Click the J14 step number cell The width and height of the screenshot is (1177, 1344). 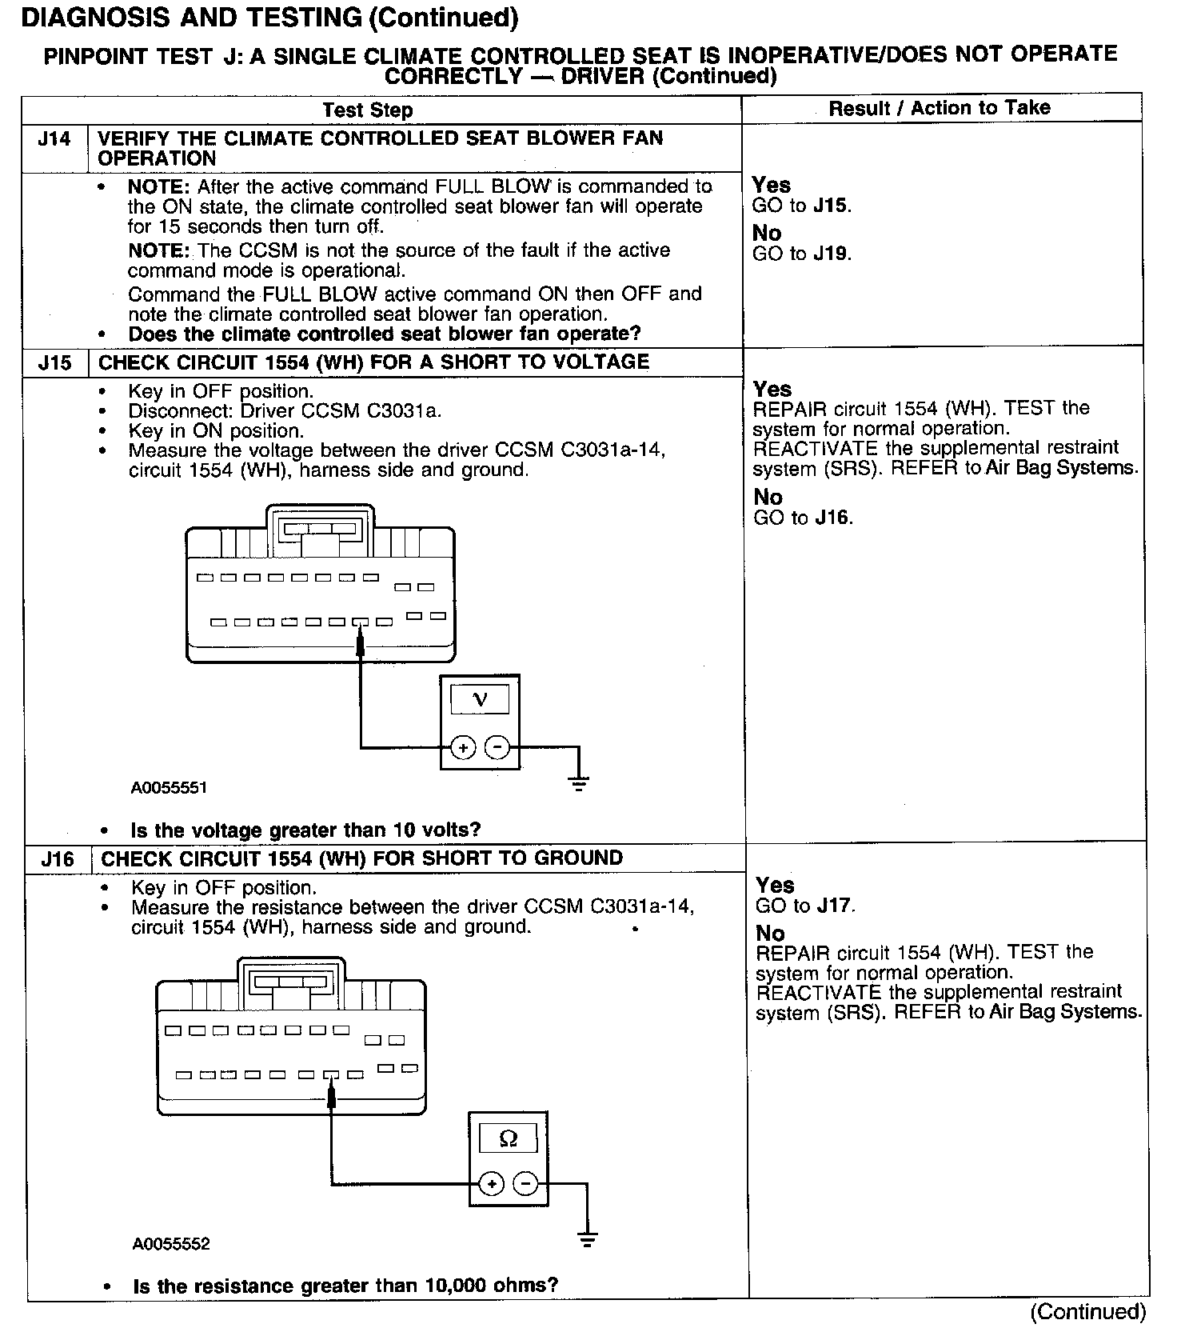click(x=54, y=140)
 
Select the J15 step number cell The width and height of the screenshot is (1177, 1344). click(x=54, y=363)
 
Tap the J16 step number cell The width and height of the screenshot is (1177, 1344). click(x=58, y=859)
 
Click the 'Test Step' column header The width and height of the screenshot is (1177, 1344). click(x=367, y=110)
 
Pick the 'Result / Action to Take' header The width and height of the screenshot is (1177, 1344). click(x=940, y=108)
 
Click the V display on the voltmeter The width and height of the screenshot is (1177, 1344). click(x=480, y=700)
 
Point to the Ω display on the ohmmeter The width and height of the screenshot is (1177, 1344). click(x=508, y=1138)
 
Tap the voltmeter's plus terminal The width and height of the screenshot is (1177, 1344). click(x=463, y=748)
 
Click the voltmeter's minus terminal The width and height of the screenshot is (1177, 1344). click(x=497, y=748)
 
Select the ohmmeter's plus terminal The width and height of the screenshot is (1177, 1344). click(x=491, y=1184)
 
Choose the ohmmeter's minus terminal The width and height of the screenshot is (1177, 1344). click(x=525, y=1184)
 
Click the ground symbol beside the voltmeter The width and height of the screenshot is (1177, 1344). click(x=579, y=782)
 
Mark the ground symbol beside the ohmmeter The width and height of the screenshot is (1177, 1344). click(x=588, y=1238)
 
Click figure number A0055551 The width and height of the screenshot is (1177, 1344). click(x=169, y=788)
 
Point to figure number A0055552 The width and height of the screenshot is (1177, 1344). click(x=171, y=1244)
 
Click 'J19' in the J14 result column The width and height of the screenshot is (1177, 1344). click(x=832, y=254)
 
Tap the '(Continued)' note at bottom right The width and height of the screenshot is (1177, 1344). click(x=1088, y=1312)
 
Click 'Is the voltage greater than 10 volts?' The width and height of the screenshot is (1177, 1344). click(x=305, y=830)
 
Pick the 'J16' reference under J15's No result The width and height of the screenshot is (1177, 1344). click(x=832, y=518)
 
